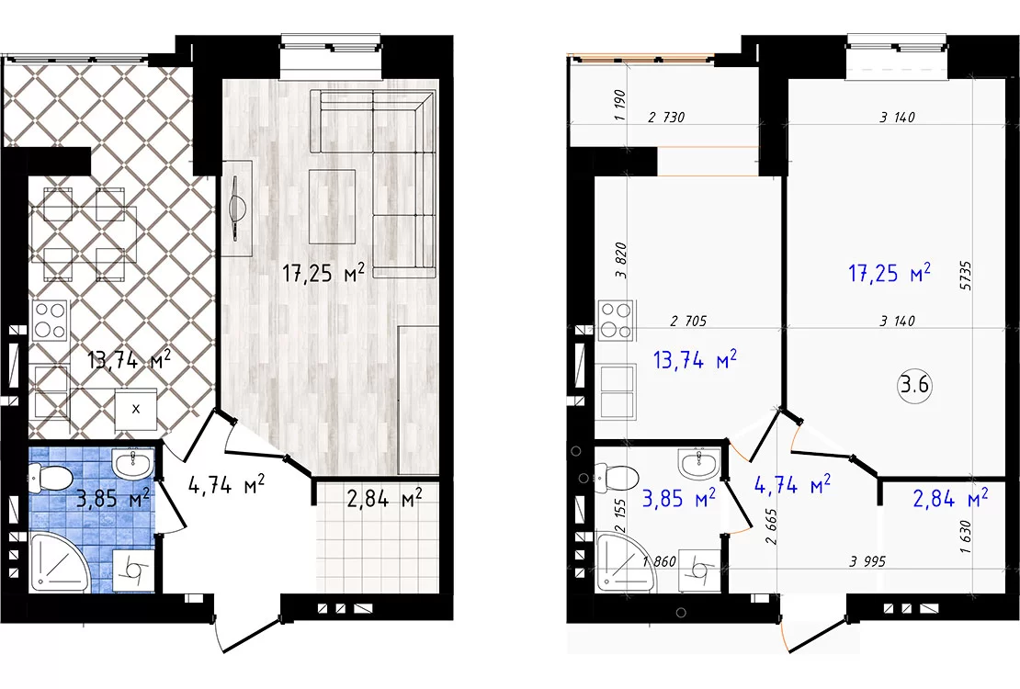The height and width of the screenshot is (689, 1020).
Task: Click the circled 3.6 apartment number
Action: point(914,385)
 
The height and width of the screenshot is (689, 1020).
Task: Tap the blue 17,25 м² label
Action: point(890,273)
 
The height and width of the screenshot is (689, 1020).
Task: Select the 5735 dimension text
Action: point(965,276)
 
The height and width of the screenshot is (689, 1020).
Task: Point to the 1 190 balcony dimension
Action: point(619,105)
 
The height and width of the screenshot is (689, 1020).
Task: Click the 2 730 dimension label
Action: point(667,117)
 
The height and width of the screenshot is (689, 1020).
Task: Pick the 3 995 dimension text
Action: point(867,560)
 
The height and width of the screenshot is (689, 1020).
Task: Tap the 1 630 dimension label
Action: point(965,537)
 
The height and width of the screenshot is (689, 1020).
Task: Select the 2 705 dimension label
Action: point(688,321)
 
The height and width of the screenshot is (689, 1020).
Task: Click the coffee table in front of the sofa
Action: point(332,207)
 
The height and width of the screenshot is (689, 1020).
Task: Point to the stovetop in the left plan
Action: point(51,320)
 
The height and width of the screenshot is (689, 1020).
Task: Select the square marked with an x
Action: point(135,409)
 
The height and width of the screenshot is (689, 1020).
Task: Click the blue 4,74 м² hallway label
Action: point(792,485)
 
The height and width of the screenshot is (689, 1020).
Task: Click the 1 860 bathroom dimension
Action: point(659,561)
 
